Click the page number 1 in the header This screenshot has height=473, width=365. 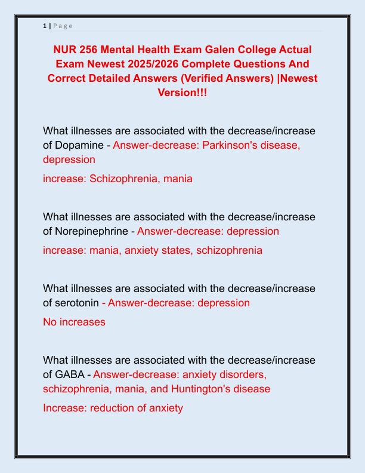click(45, 26)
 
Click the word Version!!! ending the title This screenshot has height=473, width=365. click(182, 93)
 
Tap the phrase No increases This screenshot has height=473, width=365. click(74, 322)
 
